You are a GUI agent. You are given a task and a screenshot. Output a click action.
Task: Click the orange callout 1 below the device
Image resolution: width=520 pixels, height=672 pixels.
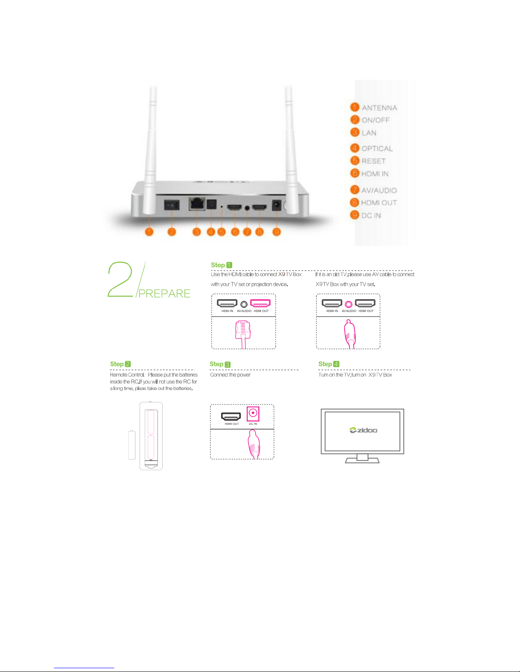coord(149,231)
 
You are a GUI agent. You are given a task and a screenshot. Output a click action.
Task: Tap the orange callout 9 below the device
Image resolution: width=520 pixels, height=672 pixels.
coord(276,231)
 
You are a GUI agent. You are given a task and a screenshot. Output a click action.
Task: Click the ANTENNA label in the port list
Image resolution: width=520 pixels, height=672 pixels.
coord(379,108)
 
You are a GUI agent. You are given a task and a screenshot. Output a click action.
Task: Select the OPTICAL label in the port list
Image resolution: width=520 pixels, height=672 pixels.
coord(377,148)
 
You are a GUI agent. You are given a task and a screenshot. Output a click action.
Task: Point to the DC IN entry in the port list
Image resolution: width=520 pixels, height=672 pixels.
coord(371,215)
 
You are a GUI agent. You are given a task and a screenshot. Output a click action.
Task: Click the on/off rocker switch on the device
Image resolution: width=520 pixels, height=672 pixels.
coord(172,205)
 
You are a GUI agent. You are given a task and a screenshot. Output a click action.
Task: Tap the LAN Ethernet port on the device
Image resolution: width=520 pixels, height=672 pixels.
coord(197,204)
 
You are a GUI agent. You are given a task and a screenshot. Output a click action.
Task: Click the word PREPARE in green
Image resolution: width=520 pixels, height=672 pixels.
coord(164,293)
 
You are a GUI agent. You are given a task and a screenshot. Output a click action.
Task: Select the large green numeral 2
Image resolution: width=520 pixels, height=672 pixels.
coord(120,279)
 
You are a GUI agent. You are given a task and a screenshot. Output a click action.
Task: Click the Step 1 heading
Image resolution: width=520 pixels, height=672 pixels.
coord(221,265)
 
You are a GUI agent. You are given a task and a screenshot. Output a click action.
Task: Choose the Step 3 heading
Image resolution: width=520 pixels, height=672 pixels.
coord(220,364)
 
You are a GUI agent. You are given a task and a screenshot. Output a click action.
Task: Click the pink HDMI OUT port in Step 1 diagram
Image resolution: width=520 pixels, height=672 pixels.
coord(260,303)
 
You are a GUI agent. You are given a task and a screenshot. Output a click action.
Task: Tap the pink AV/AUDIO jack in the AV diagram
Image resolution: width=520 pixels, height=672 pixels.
coord(349,304)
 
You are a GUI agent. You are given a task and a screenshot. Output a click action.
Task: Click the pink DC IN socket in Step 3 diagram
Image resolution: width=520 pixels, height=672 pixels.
coord(253,413)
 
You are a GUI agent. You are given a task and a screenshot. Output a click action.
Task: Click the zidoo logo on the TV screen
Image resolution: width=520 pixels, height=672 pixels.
coord(363,430)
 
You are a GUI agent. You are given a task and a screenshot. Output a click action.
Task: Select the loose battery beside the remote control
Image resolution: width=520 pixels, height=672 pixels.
coord(132,445)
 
